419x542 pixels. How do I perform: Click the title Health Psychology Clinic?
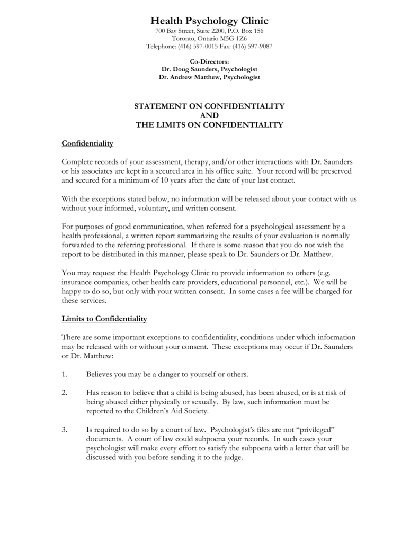click(209, 21)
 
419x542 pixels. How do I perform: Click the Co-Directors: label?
click(209, 62)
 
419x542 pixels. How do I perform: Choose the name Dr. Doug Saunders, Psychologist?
click(209, 69)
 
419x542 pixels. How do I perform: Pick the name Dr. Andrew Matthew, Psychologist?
click(209, 77)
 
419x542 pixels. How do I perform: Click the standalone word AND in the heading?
click(209, 115)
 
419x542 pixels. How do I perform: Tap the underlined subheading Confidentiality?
click(87, 144)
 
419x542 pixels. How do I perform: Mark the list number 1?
click(65, 374)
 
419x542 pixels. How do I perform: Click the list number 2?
click(65, 392)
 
